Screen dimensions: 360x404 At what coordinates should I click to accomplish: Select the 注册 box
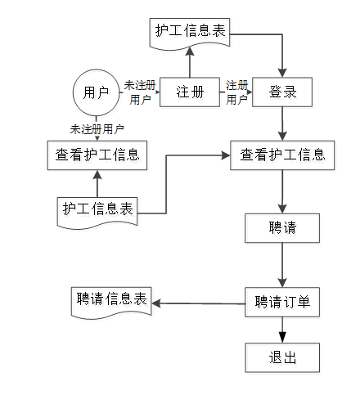tap(190, 92)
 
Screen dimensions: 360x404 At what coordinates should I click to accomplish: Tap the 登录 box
tap(282, 92)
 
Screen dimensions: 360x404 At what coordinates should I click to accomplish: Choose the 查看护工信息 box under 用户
tap(97, 155)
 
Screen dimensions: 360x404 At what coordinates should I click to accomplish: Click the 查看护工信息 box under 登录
tap(282, 155)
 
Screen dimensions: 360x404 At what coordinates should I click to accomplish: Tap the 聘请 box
tap(282, 228)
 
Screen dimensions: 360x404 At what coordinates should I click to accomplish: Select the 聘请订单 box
tap(282, 302)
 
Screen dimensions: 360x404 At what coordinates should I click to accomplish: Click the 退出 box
tap(282, 357)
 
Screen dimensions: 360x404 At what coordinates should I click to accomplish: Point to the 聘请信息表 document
tap(111, 303)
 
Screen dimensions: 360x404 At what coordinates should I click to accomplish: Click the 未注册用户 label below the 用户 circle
tap(97, 129)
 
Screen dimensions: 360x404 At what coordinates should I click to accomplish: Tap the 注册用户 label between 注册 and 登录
tap(236, 92)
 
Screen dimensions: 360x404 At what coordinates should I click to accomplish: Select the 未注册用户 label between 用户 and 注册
tap(140, 92)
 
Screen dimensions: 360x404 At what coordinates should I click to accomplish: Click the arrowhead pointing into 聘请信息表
tap(156, 303)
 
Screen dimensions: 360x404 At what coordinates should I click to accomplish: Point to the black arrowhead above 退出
tap(282, 338)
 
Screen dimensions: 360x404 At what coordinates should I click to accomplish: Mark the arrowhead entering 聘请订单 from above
tap(282, 283)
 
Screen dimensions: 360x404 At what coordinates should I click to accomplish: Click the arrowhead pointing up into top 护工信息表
tap(190, 52)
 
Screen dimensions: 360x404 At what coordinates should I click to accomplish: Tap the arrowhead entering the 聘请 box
tap(282, 209)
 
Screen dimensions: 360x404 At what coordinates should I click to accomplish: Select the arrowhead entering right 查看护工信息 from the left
tap(226, 155)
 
